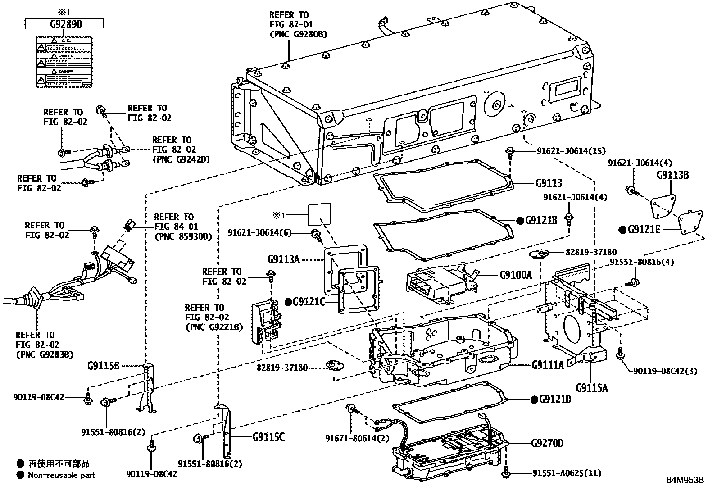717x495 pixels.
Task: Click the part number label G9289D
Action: tap(66, 24)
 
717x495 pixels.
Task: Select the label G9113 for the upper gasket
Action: tap(549, 183)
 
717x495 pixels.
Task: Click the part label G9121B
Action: tap(542, 220)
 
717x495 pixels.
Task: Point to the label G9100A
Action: tap(515, 274)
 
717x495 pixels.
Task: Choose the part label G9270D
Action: tap(547, 443)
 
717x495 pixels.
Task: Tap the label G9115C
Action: tap(268, 437)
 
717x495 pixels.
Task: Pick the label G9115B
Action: tap(103, 365)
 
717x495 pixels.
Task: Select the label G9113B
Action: tap(672, 175)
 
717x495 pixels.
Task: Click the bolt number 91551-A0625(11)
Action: tap(567, 473)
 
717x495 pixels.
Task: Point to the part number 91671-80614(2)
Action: tap(357, 438)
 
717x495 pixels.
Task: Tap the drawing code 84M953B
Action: tap(685, 480)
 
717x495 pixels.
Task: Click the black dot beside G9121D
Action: tap(534, 400)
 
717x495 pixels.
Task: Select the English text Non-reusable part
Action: tap(61, 475)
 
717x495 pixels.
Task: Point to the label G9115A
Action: tap(591, 387)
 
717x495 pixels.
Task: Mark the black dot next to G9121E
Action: tap(622, 230)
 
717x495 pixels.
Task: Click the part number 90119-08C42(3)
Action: tap(665, 371)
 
